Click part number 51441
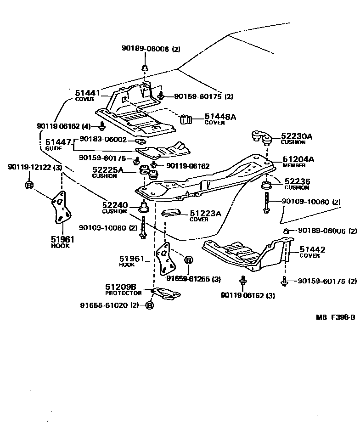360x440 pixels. click(x=87, y=93)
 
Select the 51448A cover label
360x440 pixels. click(x=220, y=117)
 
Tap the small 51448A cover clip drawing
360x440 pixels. click(x=186, y=118)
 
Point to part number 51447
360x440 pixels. click(x=58, y=142)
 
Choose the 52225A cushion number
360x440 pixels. click(x=108, y=170)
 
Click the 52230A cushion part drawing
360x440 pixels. click(x=260, y=136)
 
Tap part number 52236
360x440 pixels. click(x=297, y=182)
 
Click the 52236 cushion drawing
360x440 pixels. click(x=265, y=186)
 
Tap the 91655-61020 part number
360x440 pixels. click(x=104, y=305)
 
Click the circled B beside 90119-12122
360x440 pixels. click(x=28, y=185)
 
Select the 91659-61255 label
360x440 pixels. click(x=187, y=279)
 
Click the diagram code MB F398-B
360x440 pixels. click(x=335, y=317)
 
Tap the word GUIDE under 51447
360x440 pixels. click(x=54, y=149)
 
